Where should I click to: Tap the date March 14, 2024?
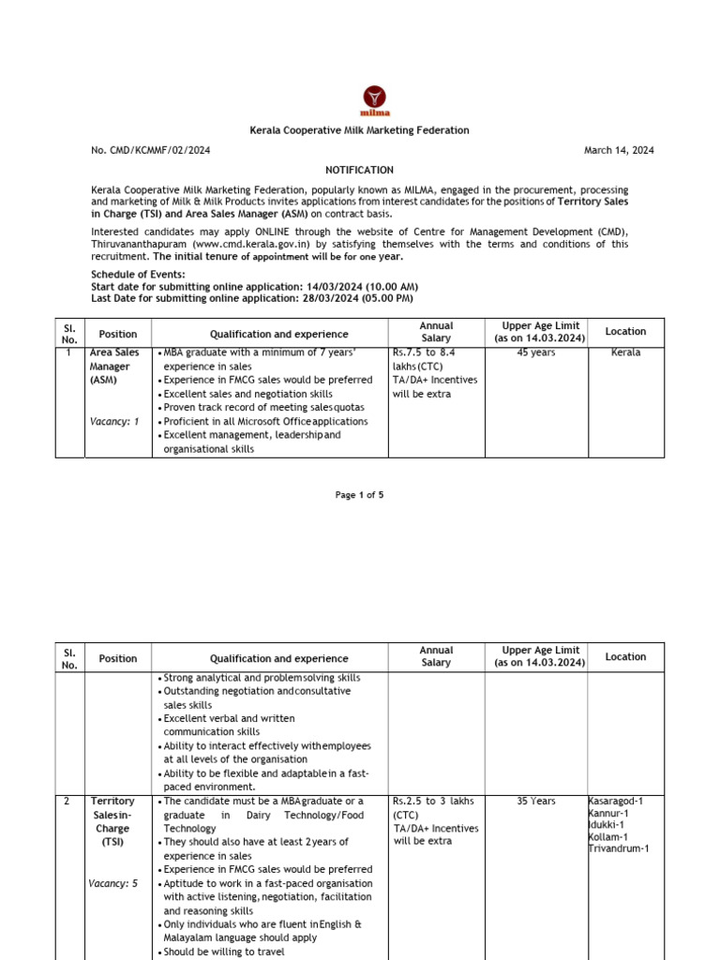(619, 150)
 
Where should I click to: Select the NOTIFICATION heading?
(360, 170)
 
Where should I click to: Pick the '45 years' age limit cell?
(535, 352)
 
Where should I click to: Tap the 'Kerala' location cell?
(625, 352)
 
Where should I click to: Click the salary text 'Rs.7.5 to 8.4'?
(424, 352)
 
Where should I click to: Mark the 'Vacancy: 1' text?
(114, 422)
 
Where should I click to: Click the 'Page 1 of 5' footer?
(360, 495)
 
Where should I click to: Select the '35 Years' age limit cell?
(535, 802)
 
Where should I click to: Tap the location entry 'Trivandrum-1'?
(619, 849)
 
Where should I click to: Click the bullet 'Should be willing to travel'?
(225, 952)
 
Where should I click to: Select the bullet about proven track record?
(263, 408)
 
